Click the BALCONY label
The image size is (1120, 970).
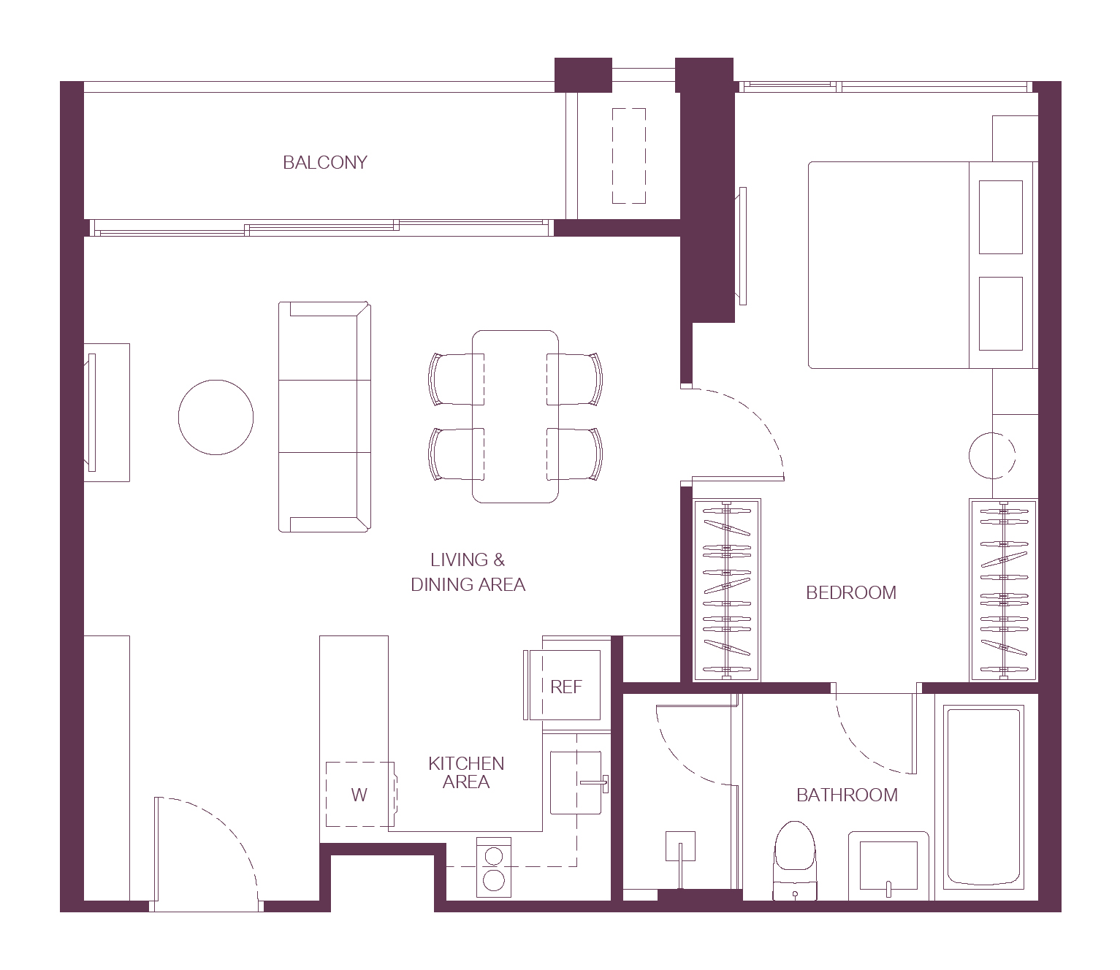(325, 162)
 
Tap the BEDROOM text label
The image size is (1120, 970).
(851, 592)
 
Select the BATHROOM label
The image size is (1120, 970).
(847, 795)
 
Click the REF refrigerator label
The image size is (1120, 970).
(566, 687)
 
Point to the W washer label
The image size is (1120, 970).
(359, 795)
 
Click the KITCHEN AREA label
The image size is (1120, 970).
(467, 773)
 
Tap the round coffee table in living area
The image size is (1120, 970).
(216, 417)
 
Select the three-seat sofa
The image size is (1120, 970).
(324, 417)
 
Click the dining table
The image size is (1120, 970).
(515, 416)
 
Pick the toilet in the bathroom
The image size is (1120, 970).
(795, 861)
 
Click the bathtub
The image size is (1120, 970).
(983, 797)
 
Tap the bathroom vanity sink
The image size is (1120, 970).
(888, 866)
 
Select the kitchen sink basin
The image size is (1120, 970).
(576, 782)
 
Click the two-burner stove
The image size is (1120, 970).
(494, 867)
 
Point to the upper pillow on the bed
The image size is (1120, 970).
(1001, 217)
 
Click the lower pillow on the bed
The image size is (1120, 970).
(1001, 313)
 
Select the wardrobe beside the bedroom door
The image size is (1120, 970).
(727, 589)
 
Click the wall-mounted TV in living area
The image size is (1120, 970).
(91, 413)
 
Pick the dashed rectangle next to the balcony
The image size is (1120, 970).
(629, 156)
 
